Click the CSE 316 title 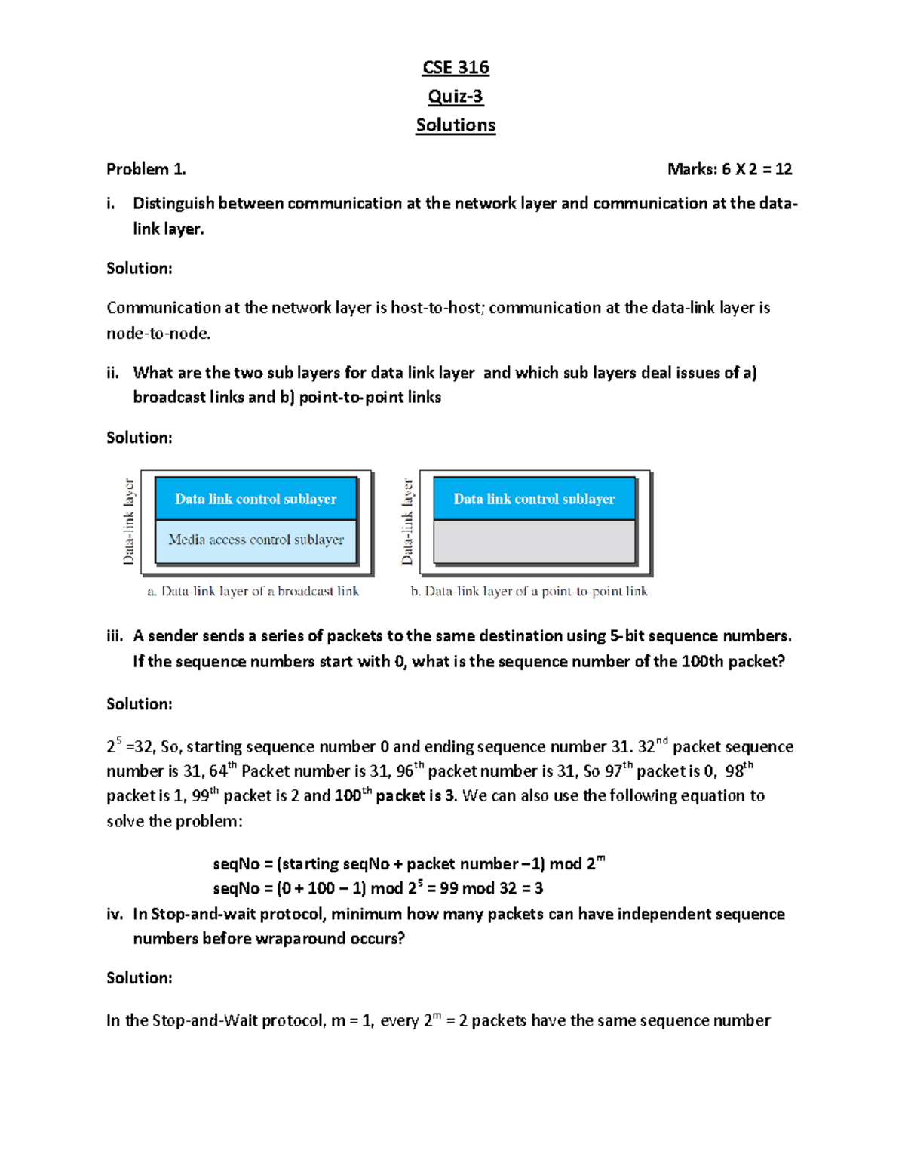pos(456,68)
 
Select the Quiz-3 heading pos(456,97)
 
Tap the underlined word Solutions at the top pos(456,125)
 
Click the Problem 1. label pos(146,169)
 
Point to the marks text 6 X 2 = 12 pos(756,169)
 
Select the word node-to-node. pos(158,334)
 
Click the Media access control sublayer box pos(256,540)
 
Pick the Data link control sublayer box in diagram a pos(256,499)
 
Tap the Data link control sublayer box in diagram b pos(534,499)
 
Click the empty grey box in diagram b pos(534,542)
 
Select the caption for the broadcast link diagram pos(253,592)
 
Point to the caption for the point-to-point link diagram pos(529,592)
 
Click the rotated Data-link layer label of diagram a pos(129,521)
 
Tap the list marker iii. pos(115,636)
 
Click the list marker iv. pos(115,915)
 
